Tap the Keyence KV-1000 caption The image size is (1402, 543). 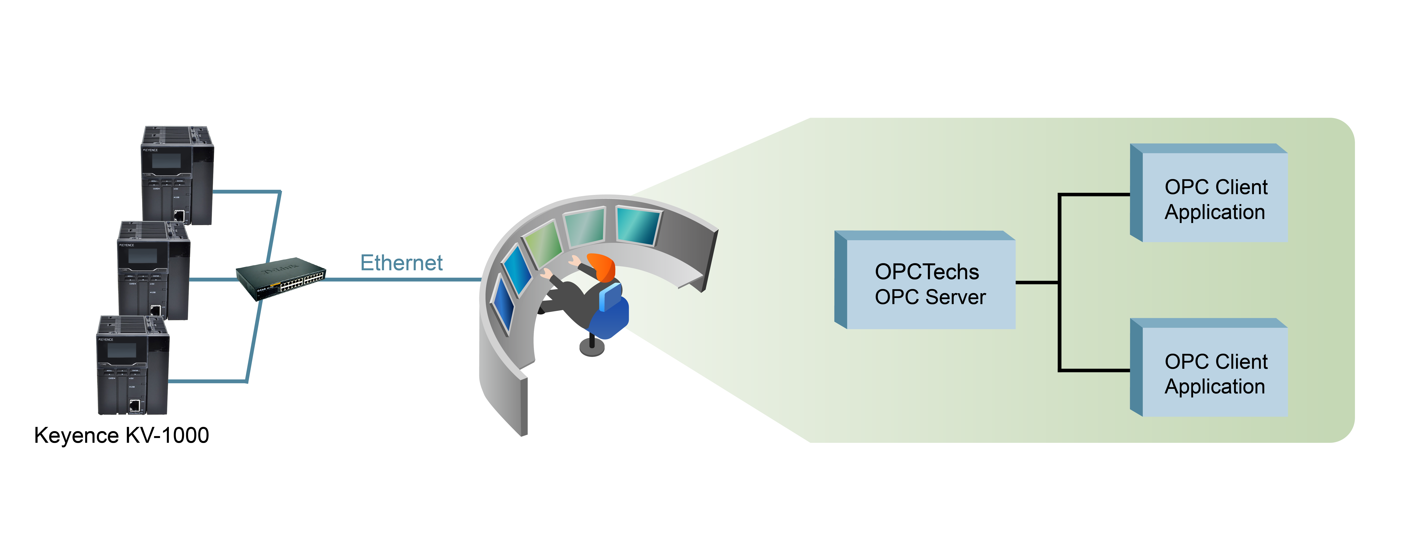point(121,435)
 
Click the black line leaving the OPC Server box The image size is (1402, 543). point(1037,282)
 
